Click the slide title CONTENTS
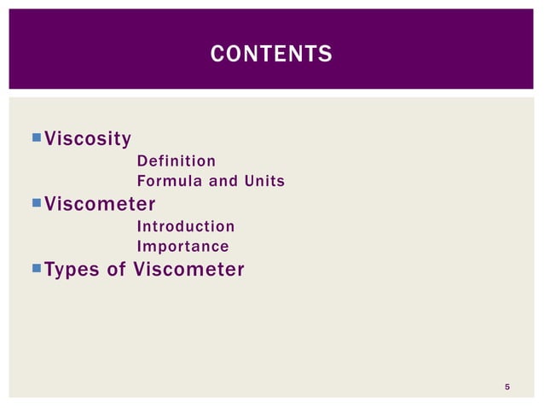point(271,55)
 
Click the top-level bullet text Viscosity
point(87,138)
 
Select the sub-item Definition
point(176,160)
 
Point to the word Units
point(261,182)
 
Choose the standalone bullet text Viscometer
point(99,204)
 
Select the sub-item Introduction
point(185,226)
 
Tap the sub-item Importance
point(182,247)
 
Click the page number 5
point(507,388)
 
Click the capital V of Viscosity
point(50,138)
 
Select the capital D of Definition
point(142,160)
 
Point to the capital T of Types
point(49,270)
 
